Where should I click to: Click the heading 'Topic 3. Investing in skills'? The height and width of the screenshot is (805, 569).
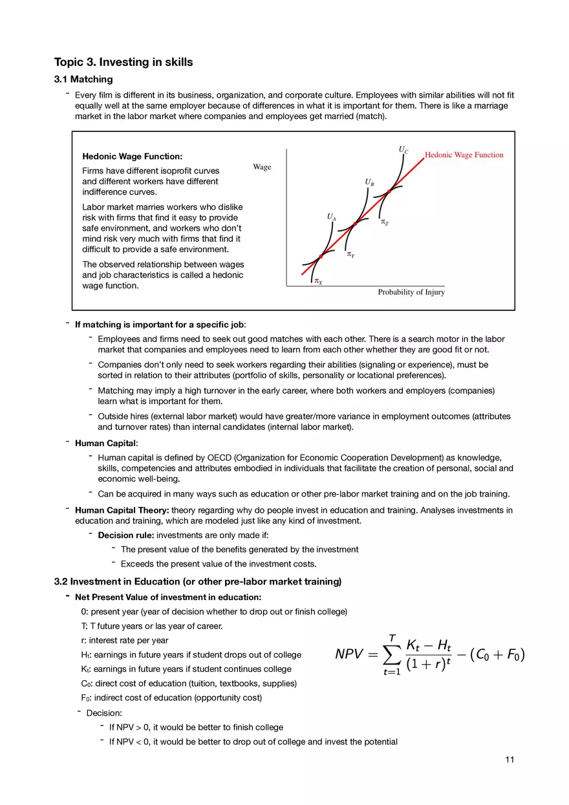123,63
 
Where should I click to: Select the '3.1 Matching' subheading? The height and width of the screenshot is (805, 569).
83,80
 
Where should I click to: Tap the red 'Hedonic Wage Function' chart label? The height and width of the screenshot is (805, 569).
464,155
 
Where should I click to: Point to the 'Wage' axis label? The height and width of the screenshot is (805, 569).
262,167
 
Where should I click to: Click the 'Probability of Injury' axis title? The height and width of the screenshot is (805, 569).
411,292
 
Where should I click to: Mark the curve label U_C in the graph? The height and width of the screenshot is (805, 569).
403,150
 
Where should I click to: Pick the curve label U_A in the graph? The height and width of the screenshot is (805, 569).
331,217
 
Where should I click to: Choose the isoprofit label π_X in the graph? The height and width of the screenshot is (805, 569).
318,281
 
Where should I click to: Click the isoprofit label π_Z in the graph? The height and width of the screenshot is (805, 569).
385,222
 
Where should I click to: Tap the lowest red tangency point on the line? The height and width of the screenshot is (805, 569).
321,257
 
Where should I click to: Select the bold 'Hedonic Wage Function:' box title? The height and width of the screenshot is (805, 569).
133,156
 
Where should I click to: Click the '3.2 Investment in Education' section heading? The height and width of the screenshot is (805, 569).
197,581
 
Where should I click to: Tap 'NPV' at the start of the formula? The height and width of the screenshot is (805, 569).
353,654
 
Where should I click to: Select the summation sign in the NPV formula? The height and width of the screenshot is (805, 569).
392,655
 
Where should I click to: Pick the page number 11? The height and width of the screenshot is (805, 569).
510,760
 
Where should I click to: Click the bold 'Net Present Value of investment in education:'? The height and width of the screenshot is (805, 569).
168,597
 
